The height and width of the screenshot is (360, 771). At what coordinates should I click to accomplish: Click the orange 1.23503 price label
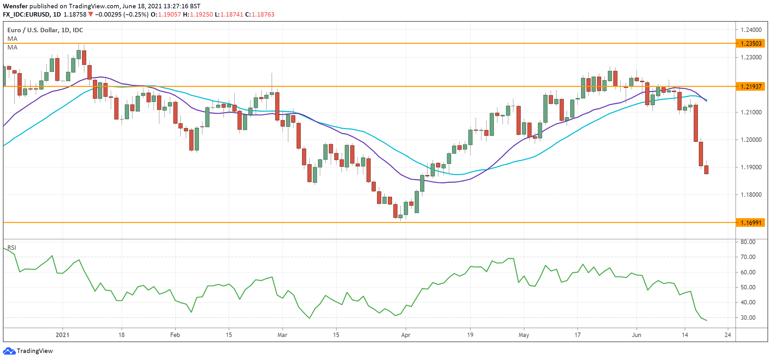[750, 43]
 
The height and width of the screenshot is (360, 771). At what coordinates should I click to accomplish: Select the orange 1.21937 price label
[750, 87]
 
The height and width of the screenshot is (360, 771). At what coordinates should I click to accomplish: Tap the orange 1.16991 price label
[750, 223]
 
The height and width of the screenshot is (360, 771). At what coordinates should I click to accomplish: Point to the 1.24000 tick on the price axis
[751, 30]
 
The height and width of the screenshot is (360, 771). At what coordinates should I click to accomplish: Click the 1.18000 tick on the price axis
[751, 195]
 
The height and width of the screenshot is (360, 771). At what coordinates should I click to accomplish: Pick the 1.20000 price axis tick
[751, 140]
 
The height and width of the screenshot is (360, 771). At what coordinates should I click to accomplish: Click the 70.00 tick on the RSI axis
[748, 257]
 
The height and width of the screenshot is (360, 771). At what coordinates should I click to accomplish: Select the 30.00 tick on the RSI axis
[748, 318]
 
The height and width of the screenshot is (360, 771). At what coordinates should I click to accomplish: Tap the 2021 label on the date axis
[62, 335]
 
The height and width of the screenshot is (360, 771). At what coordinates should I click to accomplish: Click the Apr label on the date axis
[405, 335]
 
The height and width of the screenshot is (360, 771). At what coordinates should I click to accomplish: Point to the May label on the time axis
[524, 335]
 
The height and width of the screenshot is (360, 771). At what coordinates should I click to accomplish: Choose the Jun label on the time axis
[636, 335]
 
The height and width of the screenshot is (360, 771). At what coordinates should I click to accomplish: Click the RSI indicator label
[12, 248]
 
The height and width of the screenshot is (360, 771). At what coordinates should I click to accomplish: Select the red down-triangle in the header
[91, 14]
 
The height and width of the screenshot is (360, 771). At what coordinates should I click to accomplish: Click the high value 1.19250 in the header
[201, 14]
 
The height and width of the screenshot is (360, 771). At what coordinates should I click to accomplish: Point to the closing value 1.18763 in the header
[263, 14]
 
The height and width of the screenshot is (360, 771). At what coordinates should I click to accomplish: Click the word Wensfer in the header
[15, 6]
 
